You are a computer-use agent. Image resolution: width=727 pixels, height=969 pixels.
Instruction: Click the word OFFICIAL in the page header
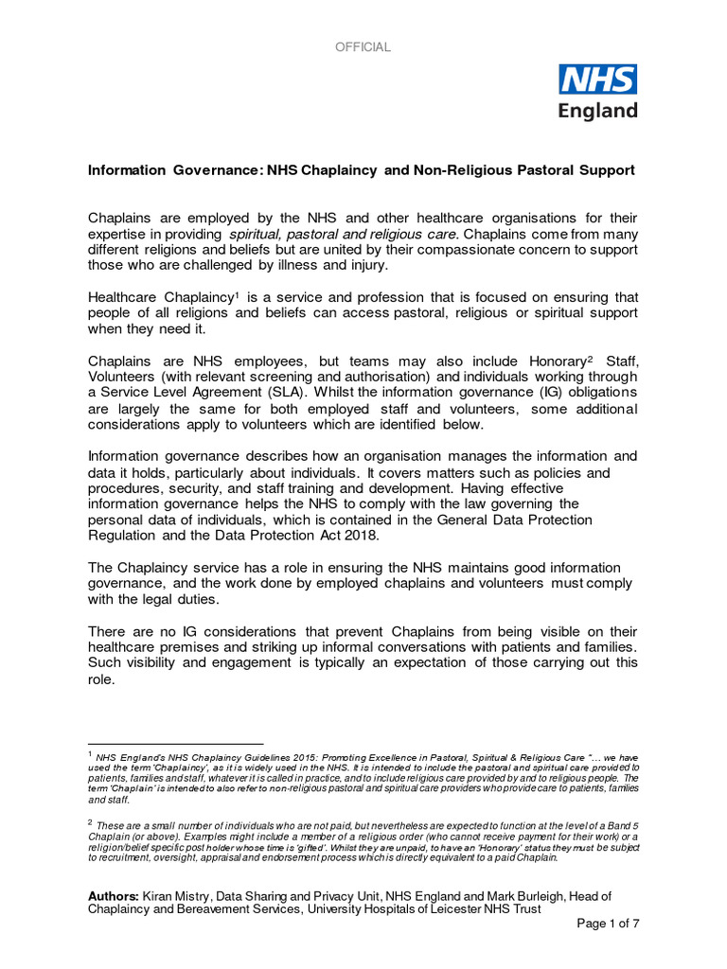pyautogui.click(x=363, y=47)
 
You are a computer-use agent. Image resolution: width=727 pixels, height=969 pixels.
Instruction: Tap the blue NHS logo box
pyautogui.click(x=597, y=79)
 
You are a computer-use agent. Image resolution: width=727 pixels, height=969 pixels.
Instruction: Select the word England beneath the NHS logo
pyautogui.click(x=597, y=110)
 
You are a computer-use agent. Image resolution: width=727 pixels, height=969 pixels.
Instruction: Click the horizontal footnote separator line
pyautogui.click(x=175, y=744)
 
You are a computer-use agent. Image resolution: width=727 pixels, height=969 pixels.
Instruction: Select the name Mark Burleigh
pyautogui.click(x=522, y=895)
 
